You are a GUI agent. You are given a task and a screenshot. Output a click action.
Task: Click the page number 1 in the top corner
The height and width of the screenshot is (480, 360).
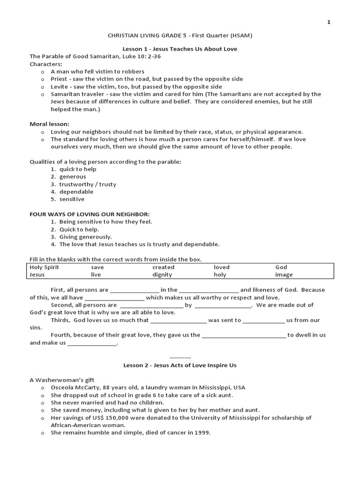click(x=329, y=22)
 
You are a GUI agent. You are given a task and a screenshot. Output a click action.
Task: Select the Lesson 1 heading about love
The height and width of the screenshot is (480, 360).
click(x=180, y=49)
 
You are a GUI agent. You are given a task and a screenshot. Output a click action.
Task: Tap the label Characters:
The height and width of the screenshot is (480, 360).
click(x=46, y=64)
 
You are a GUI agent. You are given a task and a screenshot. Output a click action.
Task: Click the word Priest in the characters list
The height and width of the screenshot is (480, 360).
click(x=59, y=79)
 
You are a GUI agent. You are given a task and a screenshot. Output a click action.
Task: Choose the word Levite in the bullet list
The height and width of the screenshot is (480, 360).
click(x=60, y=86)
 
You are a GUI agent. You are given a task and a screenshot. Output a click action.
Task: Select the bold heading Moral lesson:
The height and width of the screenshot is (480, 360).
click(x=50, y=124)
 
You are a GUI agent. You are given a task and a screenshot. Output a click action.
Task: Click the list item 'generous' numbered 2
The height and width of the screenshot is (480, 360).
click(x=72, y=177)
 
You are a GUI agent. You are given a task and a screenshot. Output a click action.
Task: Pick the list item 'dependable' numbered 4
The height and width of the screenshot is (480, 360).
click(x=76, y=192)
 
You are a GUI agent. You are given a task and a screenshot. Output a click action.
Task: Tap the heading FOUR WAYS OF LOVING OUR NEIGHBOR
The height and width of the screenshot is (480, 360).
click(x=90, y=214)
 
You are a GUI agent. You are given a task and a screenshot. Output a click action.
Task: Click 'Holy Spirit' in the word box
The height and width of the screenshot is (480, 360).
click(x=45, y=267)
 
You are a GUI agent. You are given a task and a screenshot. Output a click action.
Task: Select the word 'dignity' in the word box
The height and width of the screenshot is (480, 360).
click(x=162, y=275)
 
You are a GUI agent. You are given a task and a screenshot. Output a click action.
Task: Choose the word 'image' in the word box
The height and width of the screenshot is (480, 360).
click(x=284, y=275)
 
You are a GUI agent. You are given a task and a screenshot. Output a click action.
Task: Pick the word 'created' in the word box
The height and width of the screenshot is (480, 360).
click(x=163, y=267)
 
